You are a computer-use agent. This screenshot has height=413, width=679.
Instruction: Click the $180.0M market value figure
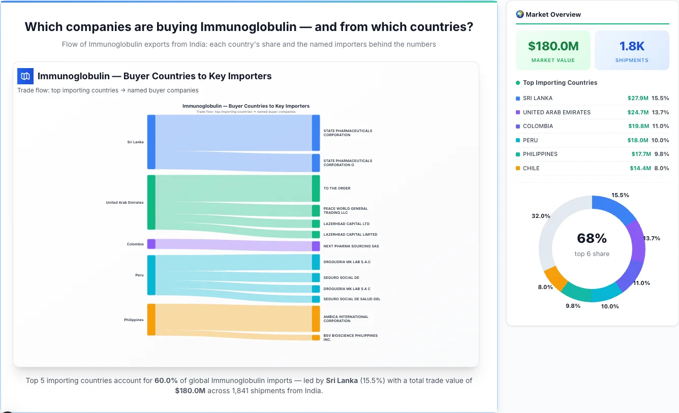(553, 46)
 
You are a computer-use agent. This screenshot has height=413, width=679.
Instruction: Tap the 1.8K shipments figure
(632, 46)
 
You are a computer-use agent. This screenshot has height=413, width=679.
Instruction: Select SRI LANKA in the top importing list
(537, 98)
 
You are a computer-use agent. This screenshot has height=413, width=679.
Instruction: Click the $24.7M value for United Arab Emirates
(638, 112)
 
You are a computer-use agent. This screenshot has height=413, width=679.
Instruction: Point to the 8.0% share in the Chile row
(661, 168)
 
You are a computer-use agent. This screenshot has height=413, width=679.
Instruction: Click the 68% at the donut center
(592, 238)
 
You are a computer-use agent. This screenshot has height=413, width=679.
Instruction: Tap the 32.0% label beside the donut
(541, 216)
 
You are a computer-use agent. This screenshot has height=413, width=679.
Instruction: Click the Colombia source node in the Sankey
(151, 244)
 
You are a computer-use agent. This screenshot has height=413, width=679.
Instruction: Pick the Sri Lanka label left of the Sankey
(135, 142)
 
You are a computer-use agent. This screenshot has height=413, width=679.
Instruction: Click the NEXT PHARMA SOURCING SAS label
(351, 246)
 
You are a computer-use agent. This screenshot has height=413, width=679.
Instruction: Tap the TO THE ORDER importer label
(337, 188)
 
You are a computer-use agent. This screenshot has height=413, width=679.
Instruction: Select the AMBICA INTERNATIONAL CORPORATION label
(346, 319)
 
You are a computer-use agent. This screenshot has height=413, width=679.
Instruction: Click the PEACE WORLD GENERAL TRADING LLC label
(345, 210)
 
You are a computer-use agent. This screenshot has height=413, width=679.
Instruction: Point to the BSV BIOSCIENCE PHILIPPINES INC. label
(350, 337)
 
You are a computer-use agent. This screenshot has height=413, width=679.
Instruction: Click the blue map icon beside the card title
(25, 76)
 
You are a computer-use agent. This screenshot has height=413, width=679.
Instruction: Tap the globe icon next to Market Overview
(519, 14)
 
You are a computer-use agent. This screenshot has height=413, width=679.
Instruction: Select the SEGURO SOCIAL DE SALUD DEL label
(352, 299)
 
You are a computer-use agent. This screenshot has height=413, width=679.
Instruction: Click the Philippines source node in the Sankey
(151, 320)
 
